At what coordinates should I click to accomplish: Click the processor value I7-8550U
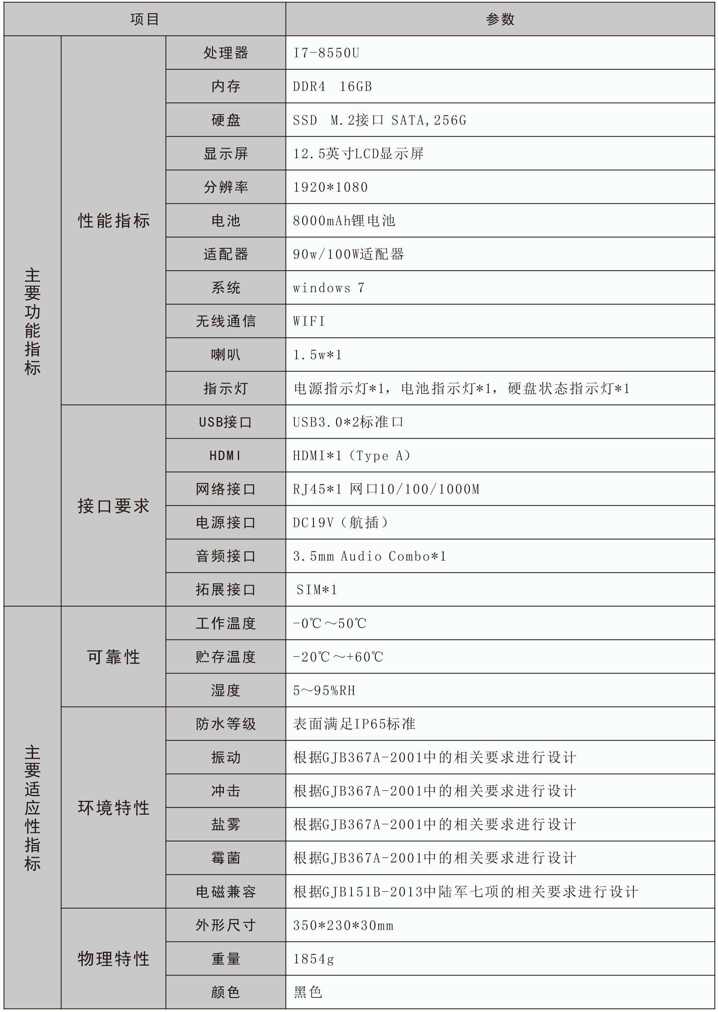point(326,53)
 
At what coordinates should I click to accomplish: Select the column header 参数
point(500,19)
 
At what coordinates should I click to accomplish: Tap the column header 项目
point(145,19)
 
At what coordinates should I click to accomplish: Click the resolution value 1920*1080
point(330,187)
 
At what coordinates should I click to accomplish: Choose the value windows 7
point(329,288)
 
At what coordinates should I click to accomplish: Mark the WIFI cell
point(309,322)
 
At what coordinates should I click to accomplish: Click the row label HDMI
point(226,456)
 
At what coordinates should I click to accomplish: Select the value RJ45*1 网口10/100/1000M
point(386,489)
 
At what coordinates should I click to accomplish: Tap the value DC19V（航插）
point(340,523)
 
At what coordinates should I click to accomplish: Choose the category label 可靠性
point(113,657)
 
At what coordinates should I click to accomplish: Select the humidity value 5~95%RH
point(324,691)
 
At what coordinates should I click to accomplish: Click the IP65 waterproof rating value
point(354,724)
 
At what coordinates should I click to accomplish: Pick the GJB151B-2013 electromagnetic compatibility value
point(466,892)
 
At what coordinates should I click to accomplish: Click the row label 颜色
point(226,993)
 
